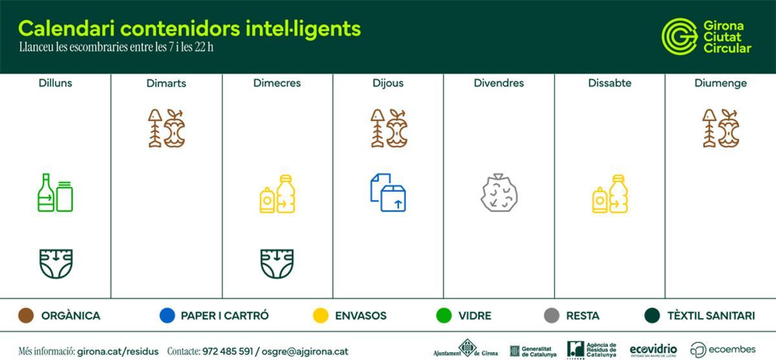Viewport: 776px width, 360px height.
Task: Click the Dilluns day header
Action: click(x=55, y=83)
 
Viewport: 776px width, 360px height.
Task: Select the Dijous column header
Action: click(x=388, y=83)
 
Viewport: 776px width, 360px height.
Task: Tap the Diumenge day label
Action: click(x=720, y=83)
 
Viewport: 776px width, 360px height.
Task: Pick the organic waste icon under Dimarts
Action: click(x=166, y=128)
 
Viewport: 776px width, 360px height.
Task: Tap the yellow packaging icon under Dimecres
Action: click(x=277, y=194)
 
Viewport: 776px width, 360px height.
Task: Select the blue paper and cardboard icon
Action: click(x=388, y=193)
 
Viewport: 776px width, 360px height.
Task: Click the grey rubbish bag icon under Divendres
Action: click(x=499, y=193)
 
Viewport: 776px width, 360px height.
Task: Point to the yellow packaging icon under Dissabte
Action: click(x=610, y=194)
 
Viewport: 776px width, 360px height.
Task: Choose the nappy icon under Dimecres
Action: click(x=277, y=264)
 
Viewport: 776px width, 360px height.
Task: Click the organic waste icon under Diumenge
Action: click(x=720, y=128)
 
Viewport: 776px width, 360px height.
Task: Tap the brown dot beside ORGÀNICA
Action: click(x=27, y=316)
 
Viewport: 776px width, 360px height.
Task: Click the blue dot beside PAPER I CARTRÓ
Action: click(x=167, y=316)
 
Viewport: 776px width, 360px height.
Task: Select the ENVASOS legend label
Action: click(x=360, y=316)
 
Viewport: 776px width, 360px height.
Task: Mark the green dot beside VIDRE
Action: click(x=444, y=316)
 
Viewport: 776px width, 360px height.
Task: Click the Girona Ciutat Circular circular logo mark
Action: click(x=679, y=36)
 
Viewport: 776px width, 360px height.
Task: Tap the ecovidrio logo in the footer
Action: click(x=653, y=350)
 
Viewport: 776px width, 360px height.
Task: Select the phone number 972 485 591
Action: click(x=228, y=352)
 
